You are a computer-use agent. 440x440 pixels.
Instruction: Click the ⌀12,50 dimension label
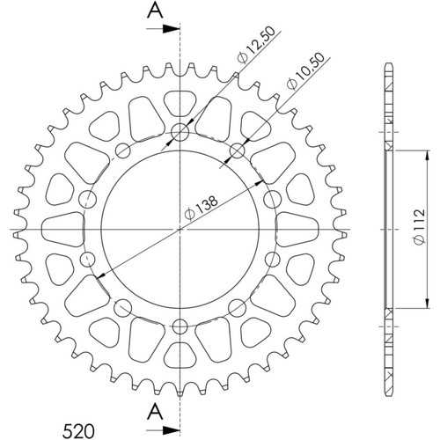pos(257,45)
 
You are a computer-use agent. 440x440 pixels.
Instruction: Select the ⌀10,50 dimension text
pos(306,70)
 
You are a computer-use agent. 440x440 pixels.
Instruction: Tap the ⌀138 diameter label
pos(202,208)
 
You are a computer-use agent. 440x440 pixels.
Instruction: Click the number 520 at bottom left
pos(78,431)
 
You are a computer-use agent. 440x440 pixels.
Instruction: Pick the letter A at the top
pos(155,11)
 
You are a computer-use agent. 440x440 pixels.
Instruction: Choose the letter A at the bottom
pos(155,411)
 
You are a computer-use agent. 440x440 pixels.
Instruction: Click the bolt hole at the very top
pos(180,132)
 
